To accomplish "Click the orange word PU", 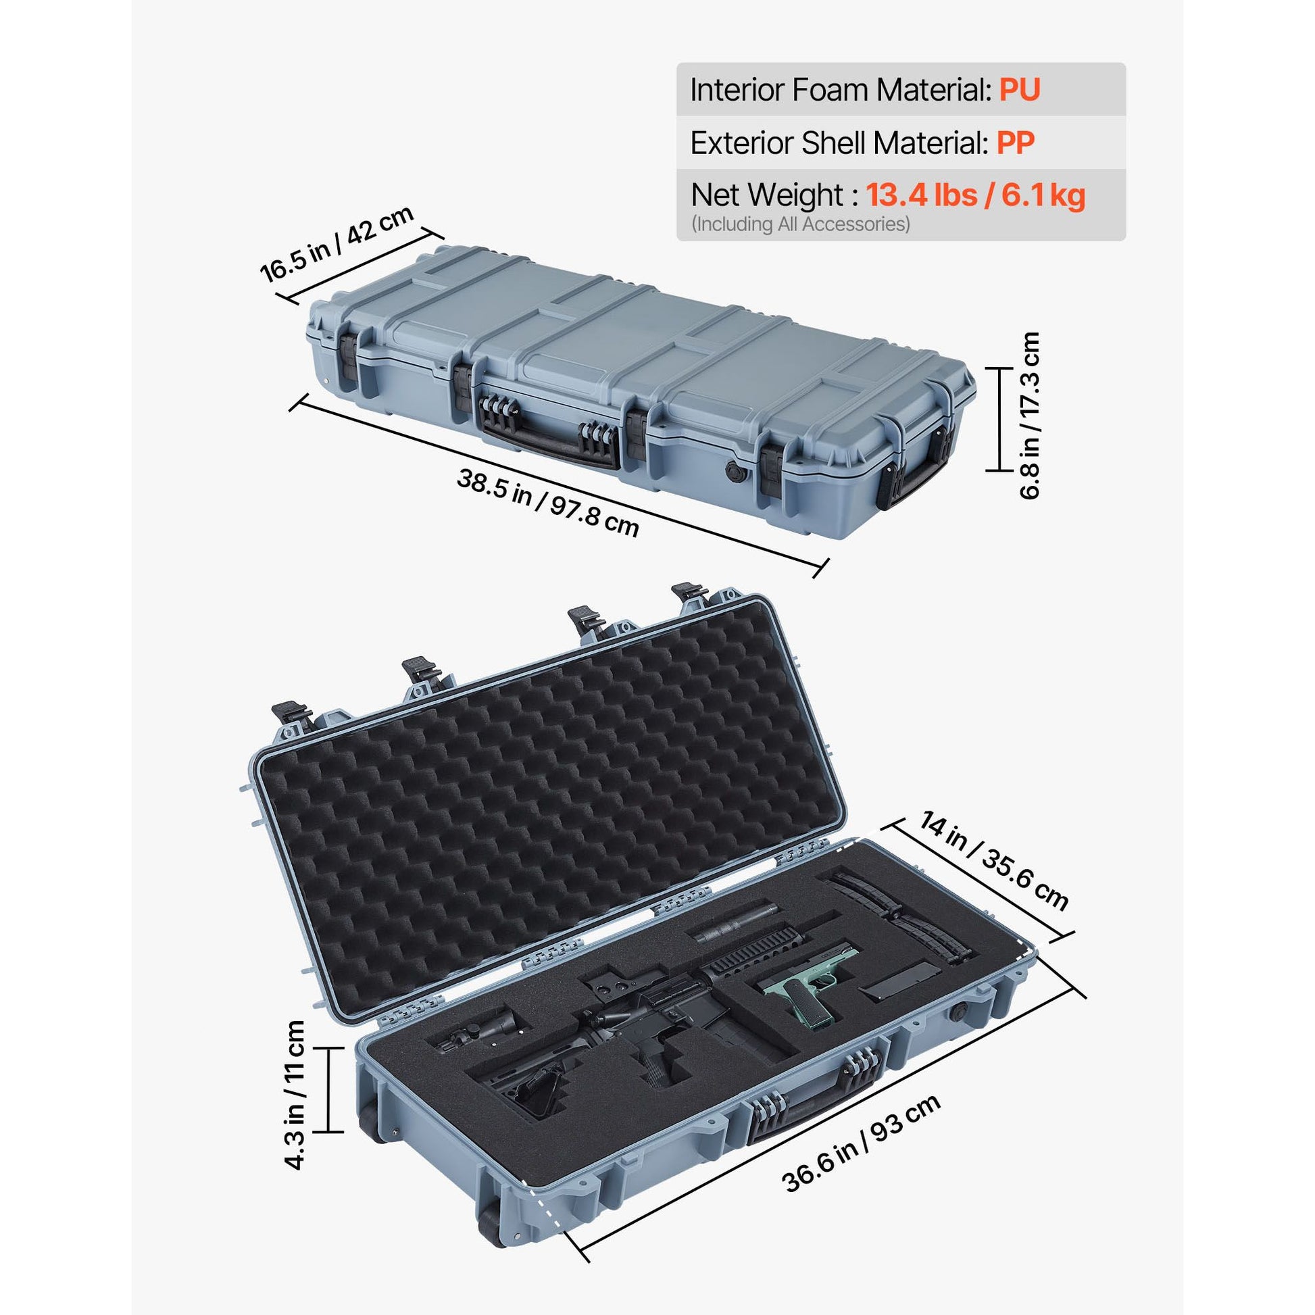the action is tap(1019, 90).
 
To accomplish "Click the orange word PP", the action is tap(1016, 143).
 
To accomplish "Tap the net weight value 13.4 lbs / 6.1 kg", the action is tap(975, 195).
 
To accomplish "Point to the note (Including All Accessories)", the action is tap(801, 224).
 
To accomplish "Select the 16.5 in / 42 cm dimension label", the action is tap(337, 243).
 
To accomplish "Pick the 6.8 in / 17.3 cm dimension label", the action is tap(1030, 416).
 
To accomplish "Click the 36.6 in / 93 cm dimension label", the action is tap(862, 1152).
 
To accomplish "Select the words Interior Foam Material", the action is tap(840, 90).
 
